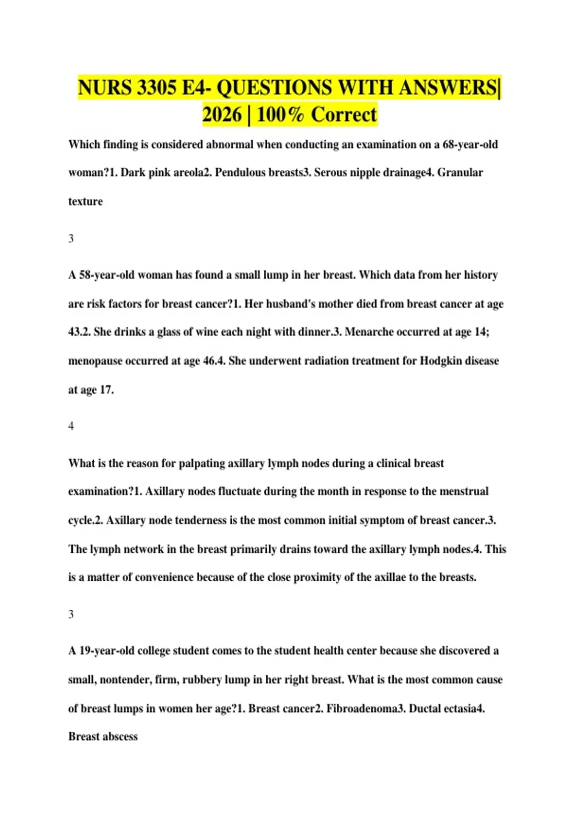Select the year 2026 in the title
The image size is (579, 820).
coord(221,115)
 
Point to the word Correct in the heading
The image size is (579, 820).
coord(344,115)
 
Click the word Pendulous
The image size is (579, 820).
coord(239,173)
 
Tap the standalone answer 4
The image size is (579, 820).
coord(71,426)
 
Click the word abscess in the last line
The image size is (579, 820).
coord(120,737)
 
